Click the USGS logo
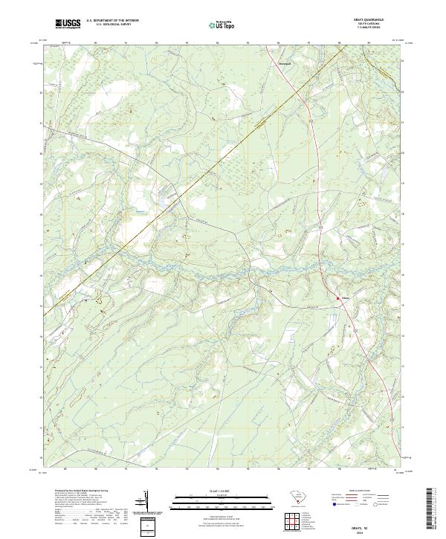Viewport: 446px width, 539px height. click(x=68, y=24)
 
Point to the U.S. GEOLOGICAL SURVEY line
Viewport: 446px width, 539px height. click(x=111, y=25)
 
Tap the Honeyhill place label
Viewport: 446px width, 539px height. click(x=264, y=63)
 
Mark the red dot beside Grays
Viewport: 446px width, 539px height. click(x=337, y=298)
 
